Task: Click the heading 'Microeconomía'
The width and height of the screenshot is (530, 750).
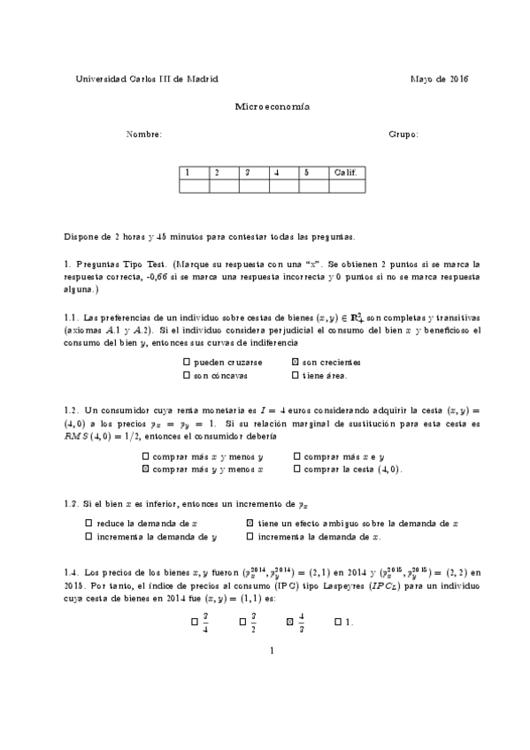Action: tap(265, 106)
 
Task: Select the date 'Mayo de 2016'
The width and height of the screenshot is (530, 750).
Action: tap(439, 79)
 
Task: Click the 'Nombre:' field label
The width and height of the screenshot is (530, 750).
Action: tap(144, 134)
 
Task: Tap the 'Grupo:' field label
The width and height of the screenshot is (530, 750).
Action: tap(403, 134)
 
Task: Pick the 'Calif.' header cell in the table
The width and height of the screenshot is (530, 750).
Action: tap(345, 172)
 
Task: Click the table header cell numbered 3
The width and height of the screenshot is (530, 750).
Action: tap(254, 172)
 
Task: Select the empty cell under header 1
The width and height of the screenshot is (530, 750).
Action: tap(194, 186)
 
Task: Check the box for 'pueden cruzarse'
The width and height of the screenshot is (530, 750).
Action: tap(186, 363)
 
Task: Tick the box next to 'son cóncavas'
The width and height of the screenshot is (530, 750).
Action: tap(186, 375)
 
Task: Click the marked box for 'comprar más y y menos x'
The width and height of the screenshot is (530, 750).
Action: tap(146, 469)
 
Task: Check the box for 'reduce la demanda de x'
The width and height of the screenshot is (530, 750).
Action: tap(88, 524)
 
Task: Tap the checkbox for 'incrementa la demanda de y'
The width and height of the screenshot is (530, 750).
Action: tap(88, 536)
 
